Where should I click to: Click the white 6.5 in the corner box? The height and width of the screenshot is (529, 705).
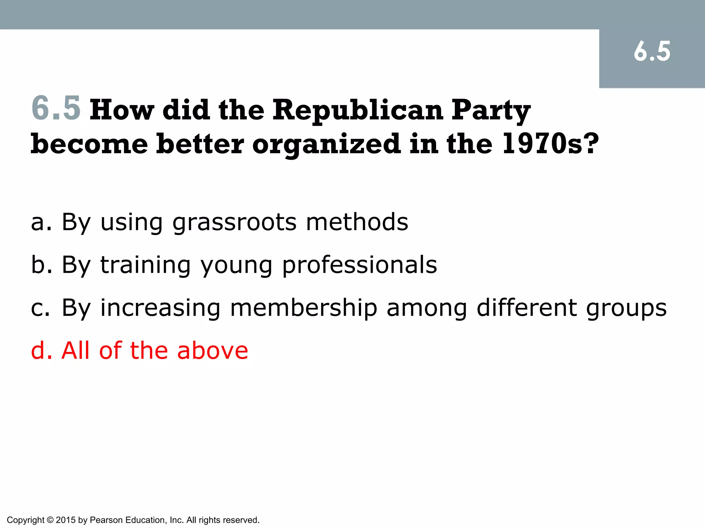[652, 52]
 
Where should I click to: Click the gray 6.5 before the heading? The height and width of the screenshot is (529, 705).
[56, 108]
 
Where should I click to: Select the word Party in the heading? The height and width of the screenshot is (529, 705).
[491, 111]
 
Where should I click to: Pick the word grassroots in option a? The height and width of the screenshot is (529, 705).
[234, 222]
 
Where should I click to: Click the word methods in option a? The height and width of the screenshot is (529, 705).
[357, 222]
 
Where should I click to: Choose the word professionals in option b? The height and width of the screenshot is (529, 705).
[360, 266]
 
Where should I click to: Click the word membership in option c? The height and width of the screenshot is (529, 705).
[304, 308]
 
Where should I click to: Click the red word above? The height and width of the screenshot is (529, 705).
[212, 350]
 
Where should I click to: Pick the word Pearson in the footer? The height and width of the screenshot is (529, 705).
[106, 520]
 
